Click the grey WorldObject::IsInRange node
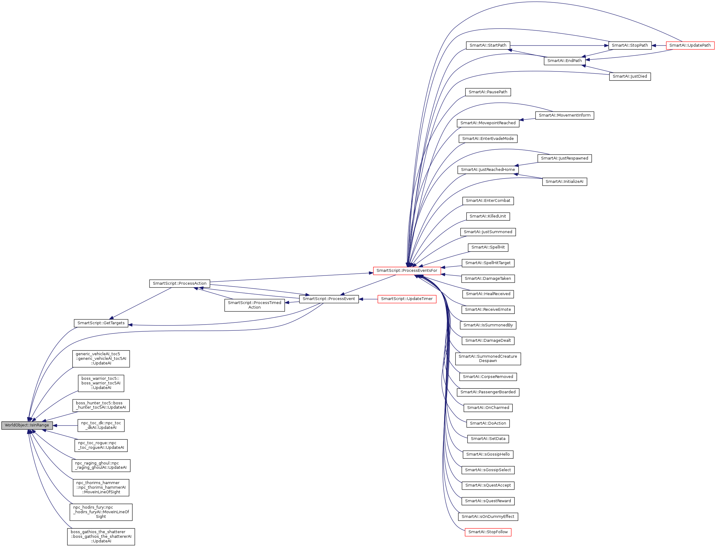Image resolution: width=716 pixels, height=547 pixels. pyautogui.click(x=27, y=425)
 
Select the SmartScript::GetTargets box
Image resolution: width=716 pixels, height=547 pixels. pyautogui.click(x=101, y=323)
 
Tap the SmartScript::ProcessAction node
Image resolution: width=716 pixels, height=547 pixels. pyautogui.click(x=180, y=283)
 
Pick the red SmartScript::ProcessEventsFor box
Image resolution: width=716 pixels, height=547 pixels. pyautogui.click(x=407, y=271)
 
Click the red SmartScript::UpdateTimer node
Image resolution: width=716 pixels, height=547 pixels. pyautogui.click(x=407, y=299)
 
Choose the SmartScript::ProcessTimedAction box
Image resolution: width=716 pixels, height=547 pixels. pyautogui.click(x=254, y=305)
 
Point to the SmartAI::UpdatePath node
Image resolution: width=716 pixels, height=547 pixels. pyautogui.click(x=690, y=45)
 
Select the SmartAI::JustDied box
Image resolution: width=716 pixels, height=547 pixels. pyautogui.click(x=630, y=76)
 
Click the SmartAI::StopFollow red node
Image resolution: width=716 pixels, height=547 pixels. pyautogui.click(x=488, y=532)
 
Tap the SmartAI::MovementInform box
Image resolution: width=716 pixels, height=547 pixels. pyautogui.click(x=564, y=115)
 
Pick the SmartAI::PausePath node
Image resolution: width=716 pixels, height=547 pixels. pyautogui.click(x=488, y=92)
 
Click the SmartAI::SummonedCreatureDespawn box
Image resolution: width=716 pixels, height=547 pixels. pyautogui.click(x=488, y=359)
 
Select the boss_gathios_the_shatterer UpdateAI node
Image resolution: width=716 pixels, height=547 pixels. pyautogui.click(x=101, y=537)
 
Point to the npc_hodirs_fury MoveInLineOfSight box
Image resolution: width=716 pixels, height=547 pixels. pyautogui.click(x=101, y=512)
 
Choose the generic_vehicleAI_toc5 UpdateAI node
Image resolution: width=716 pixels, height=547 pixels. pyautogui.click(x=101, y=359)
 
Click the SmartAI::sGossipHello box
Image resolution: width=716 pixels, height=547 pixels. pyautogui.click(x=488, y=454)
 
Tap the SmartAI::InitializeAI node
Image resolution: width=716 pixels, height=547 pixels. pyautogui.click(x=564, y=182)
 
